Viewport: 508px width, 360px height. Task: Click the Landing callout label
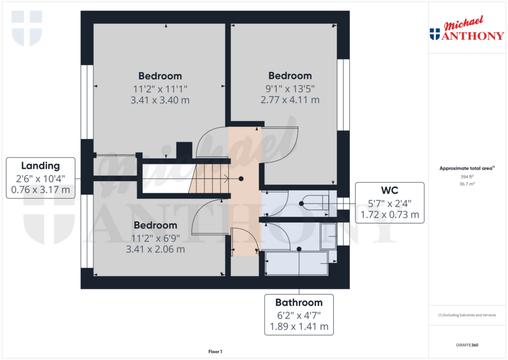[40, 178]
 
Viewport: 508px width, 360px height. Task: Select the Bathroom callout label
[299, 314]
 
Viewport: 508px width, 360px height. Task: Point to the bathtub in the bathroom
[297, 263]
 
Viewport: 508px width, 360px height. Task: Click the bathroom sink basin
[328, 235]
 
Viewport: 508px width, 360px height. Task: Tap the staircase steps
[208, 178]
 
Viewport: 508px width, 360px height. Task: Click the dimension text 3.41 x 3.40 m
[160, 100]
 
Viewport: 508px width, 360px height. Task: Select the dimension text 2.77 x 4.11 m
[290, 100]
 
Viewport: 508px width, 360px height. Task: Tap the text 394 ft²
[467, 176]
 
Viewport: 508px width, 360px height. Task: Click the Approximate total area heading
[467, 168]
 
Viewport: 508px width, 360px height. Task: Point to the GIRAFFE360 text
[467, 345]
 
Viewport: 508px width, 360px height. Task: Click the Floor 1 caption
[215, 352]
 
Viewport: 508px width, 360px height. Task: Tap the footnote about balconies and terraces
[467, 315]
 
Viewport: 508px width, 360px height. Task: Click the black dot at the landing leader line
[241, 178]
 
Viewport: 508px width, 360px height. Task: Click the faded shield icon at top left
[27, 28]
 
